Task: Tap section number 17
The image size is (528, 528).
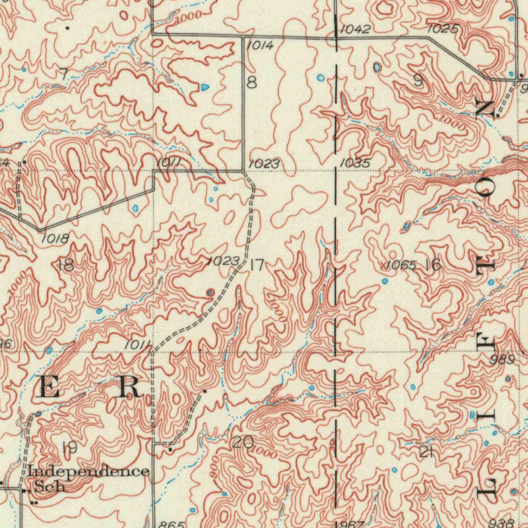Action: [257, 266]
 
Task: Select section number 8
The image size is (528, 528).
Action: [252, 82]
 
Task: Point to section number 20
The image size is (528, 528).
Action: [242, 442]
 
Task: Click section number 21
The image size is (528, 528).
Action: [425, 453]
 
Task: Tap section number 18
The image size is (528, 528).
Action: [65, 266]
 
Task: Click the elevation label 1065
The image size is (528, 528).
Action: [401, 266]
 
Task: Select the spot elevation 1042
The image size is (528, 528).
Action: [355, 29]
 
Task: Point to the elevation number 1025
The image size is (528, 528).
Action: [442, 29]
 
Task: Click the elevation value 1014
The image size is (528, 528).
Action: [260, 45]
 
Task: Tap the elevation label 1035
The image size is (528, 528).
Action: [355, 163]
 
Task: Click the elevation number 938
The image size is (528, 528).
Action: [502, 522]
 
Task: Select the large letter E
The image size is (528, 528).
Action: [49, 387]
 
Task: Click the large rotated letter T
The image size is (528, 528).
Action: [486, 266]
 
